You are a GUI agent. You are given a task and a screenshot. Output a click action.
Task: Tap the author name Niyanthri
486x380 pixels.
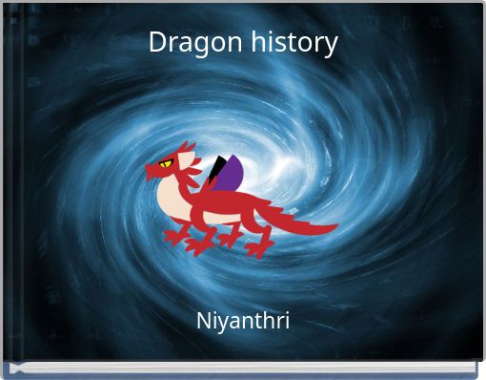coord(243,321)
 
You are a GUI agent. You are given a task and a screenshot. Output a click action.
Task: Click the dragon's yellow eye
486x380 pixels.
coord(166,163)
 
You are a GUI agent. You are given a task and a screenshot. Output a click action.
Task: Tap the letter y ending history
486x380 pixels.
coord(332,46)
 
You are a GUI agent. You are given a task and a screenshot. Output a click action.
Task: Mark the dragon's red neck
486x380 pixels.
coord(190,186)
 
